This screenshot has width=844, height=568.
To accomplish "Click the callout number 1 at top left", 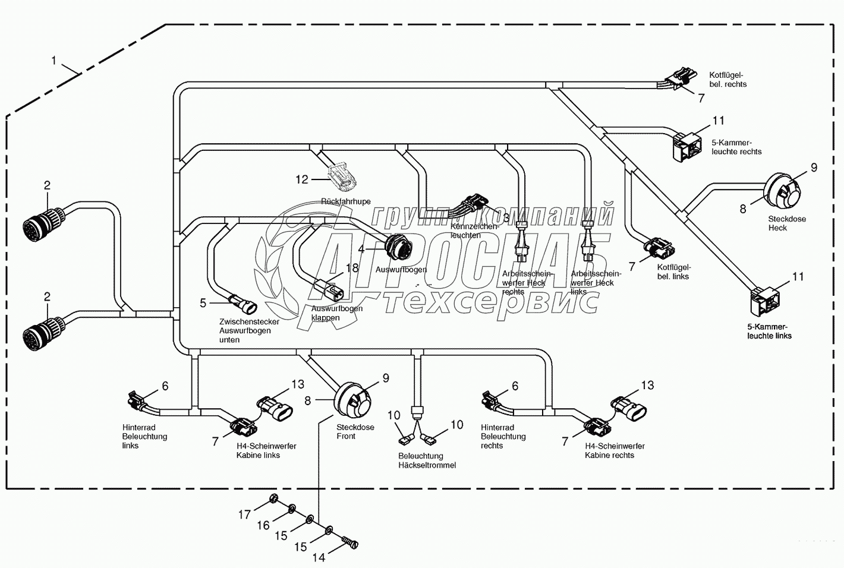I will (x=55, y=61).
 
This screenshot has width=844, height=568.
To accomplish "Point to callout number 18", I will (x=352, y=268).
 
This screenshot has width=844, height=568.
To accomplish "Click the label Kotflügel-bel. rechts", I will (x=728, y=80).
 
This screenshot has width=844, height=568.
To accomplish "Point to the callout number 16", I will (x=263, y=525).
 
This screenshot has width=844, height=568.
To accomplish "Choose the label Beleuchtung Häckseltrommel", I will (x=427, y=460).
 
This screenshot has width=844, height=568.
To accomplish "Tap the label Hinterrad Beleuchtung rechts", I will (x=503, y=436).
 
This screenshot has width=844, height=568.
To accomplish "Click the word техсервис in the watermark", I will (x=490, y=302).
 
